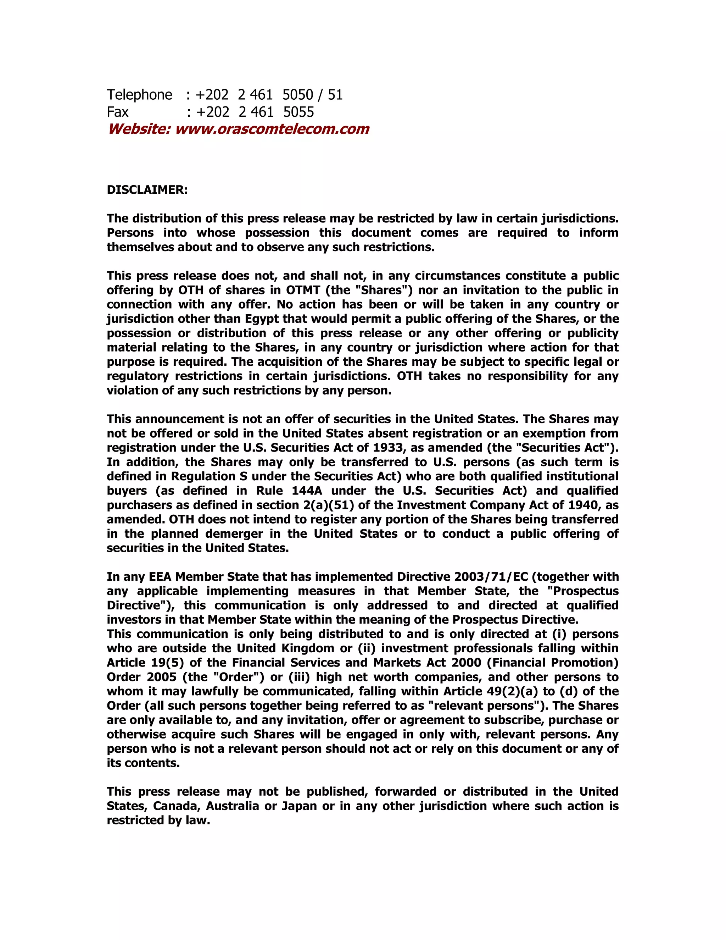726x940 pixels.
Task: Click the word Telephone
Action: [139, 95]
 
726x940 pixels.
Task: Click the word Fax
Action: [117, 112]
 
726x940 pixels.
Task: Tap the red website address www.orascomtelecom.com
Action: [272, 129]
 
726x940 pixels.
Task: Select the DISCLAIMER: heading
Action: [147, 190]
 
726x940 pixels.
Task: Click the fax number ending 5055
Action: [298, 112]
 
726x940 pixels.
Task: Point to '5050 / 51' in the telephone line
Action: [312, 95]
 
